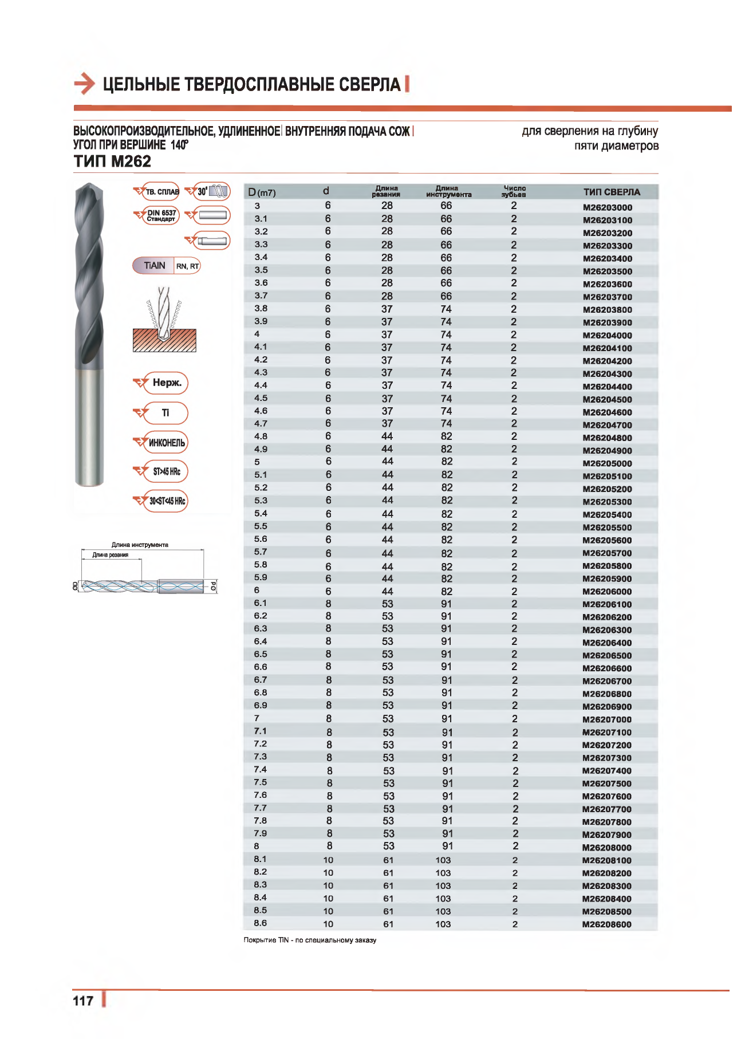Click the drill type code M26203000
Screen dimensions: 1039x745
coord(607,207)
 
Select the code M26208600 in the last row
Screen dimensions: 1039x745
coord(606,924)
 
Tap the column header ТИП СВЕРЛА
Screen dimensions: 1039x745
coord(611,192)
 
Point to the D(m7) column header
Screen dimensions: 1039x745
coord(262,192)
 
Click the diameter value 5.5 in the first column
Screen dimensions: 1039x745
coord(261,526)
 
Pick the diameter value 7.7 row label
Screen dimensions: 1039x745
coord(260,808)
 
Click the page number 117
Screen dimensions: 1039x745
coord(83,1001)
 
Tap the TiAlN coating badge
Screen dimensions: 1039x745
coord(155,266)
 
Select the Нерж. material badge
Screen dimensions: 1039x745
coord(166,383)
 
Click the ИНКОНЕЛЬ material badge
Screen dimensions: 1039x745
coord(166,442)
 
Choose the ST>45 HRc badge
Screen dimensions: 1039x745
coord(166,471)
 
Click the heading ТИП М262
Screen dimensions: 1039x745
coord(112,162)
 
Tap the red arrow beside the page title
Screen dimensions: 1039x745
coord(84,84)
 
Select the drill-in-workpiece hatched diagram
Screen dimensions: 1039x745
coord(164,321)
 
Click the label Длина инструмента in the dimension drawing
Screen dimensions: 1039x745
coord(140,545)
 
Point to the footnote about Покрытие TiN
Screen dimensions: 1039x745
coord(310,940)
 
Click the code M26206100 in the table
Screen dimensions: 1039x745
coord(606,604)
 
